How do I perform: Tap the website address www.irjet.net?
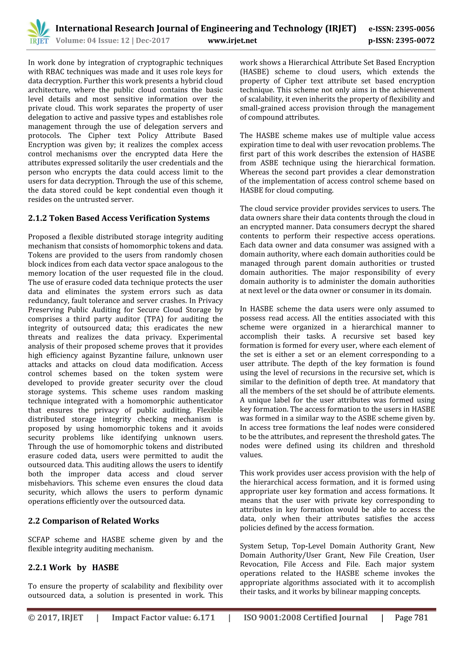point(232,40)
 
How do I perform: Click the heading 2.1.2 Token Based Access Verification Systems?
point(119,218)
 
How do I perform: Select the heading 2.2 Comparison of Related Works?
point(93,521)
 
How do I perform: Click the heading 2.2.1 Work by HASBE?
point(73,567)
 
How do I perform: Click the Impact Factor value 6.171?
point(203,618)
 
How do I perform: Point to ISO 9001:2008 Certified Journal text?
point(305,618)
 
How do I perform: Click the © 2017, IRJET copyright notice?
point(56,618)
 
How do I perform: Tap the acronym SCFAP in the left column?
point(39,540)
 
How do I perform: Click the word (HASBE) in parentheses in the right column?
point(254,72)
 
